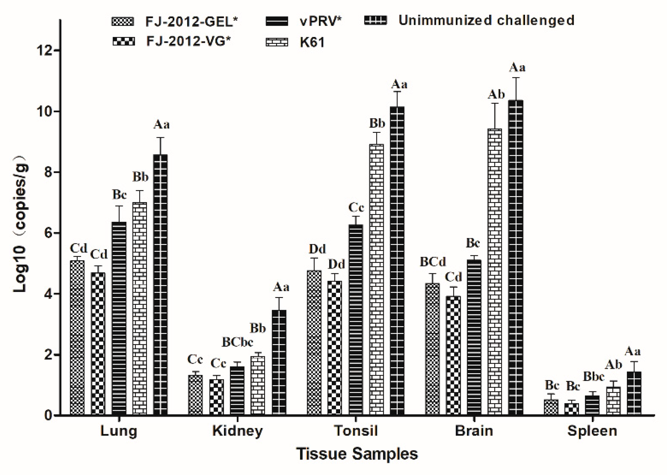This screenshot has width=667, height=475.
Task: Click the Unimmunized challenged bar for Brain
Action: pos(516,257)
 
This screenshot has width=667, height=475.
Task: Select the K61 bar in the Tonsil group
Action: pos(377,279)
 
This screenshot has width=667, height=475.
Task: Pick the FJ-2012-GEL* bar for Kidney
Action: pos(195,395)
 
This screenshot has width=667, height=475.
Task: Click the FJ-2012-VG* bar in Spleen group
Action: pos(571,409)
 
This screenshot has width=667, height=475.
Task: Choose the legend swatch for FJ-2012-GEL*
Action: pos(122,22)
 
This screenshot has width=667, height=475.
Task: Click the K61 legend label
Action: pos(312,42)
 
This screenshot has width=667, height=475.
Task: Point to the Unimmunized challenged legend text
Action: pos(486,20)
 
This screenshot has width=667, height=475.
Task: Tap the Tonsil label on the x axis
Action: pos(356,431)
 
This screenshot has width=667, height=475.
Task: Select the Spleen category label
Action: pos(592,431)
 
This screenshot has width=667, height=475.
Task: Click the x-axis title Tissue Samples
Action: pos(357,454)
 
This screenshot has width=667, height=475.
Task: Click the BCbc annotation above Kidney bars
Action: pos(237,342)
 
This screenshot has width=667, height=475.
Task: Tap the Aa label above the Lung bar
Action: pos(161,125)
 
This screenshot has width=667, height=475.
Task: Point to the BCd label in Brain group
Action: pos(433,262)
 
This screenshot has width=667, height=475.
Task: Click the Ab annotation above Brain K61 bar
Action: pos(496,94)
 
